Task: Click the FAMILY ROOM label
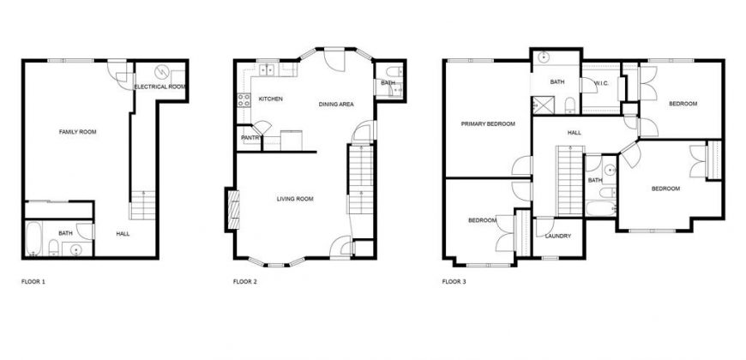click(77, 132)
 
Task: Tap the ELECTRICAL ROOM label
click(159, 87)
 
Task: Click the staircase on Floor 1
click(142, 205)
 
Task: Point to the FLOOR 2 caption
click(245, 281)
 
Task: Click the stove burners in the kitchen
click(244, 100)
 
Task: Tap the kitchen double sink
click(268, 70)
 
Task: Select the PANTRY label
click(250, 138)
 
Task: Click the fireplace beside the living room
click(232, 210)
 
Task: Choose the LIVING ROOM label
click(295, 199)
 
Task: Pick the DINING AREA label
click(336, 105)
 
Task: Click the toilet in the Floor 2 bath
click(394, 71)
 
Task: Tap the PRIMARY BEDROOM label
click(488, 124)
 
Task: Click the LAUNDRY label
click(557, 236)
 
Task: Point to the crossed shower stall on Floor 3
click(540, 105)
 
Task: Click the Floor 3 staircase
click(570, 181)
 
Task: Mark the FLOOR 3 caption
click(454, 281)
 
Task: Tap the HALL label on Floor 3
click(575, 133)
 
